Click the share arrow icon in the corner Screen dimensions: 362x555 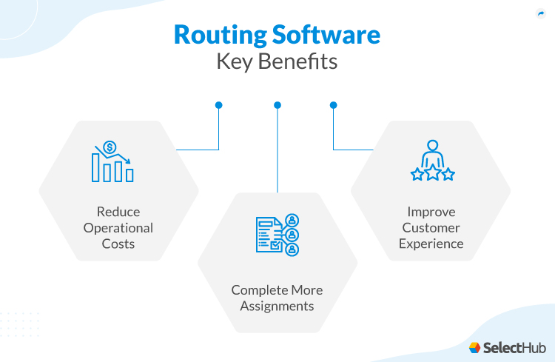(540, 13)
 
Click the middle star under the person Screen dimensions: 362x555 (432, 175)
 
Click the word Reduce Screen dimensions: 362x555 (118, 212)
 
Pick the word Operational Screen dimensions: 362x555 (118, 227)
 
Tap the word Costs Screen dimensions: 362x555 (118, 243)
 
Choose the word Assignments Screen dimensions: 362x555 (277, 306)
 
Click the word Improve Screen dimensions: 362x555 (431, 212)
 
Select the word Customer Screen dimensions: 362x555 (431, 227)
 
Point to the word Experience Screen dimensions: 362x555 (431, 243)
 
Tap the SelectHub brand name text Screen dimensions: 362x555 (514, 346)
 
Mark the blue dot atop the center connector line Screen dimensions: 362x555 (277, 105)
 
